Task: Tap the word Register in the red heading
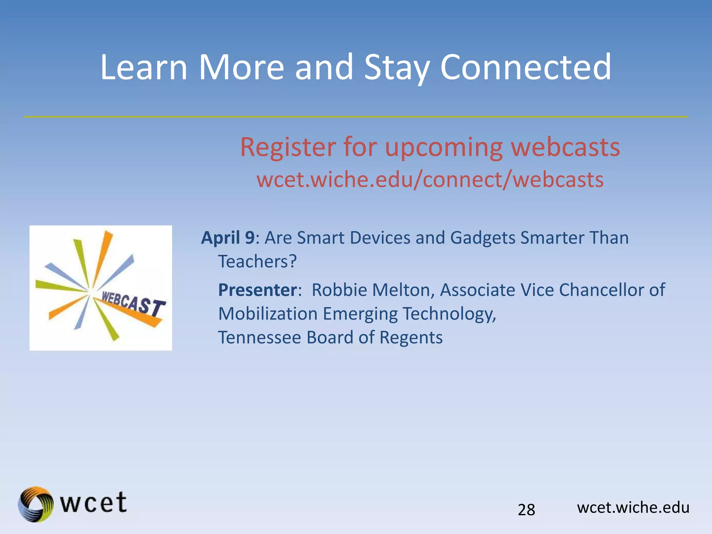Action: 288,147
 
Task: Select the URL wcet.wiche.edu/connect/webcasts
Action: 430,180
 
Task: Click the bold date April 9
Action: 228,238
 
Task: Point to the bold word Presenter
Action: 257,290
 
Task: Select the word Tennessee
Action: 259,337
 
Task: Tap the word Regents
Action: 411,337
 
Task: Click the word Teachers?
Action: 257,261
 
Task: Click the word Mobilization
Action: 268,314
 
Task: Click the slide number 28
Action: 526,510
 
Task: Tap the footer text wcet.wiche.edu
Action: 633,508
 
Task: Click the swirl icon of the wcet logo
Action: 36,504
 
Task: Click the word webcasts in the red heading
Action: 565,147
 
